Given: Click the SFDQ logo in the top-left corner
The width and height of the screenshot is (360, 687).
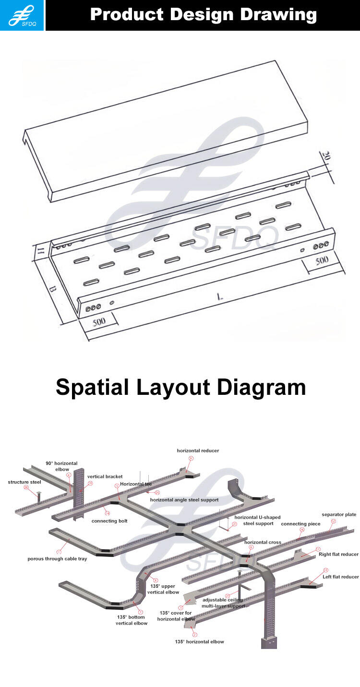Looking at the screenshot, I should [x=22, y=15].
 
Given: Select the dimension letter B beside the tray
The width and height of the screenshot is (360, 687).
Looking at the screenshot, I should [x=53, y=290].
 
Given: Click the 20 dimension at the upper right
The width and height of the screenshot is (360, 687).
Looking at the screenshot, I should [x=326, y=156].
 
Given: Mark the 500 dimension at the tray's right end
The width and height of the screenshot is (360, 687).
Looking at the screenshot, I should [x=322, y=260].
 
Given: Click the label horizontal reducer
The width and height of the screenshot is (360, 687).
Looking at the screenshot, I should [x=198, y=450].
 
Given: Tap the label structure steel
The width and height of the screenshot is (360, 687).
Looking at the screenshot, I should [x=24, y=482].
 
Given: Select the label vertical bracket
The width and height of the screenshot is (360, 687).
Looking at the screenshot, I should [x=105, y=476].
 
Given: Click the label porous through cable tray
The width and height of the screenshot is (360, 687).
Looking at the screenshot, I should [x=57, y=558].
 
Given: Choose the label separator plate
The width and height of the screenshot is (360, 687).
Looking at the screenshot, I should [x=339, y=514].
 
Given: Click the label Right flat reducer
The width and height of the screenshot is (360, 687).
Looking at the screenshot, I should [x=338, y=554].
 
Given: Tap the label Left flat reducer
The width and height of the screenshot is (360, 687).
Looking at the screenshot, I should [x=340, y=577].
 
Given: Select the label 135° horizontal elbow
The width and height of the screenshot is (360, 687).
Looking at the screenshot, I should [x=199, y=641].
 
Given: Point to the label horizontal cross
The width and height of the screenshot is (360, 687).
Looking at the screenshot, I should [x=263, y=542].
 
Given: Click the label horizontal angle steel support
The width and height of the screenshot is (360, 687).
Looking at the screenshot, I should [x=184, y=499].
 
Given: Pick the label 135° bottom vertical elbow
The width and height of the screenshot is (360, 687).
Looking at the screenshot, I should [x=131, y=620].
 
